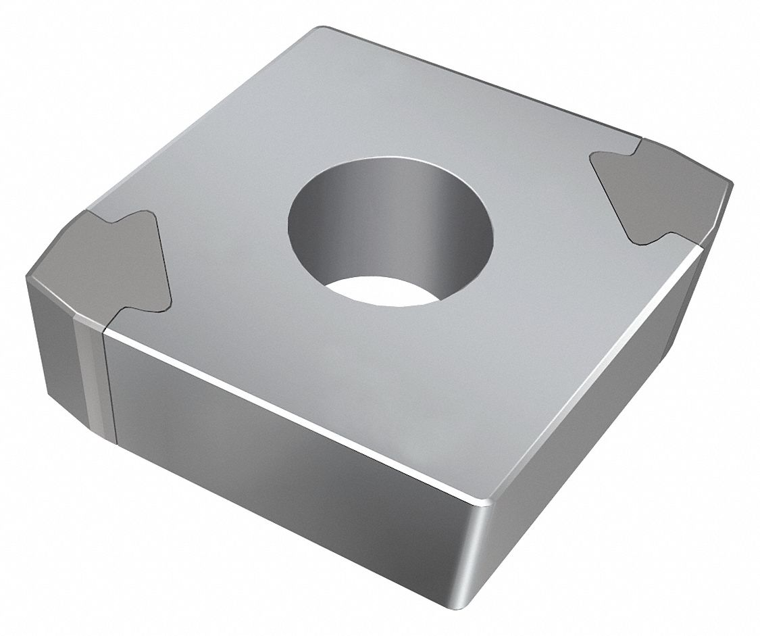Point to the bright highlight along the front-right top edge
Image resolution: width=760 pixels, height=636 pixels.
pos(574,378)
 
